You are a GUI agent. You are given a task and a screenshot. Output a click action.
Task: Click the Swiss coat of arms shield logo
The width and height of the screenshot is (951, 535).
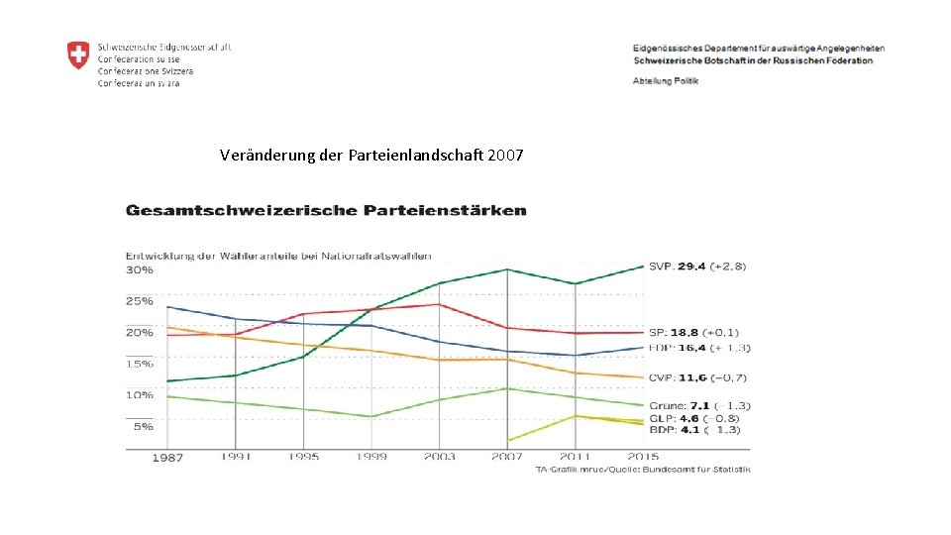77,55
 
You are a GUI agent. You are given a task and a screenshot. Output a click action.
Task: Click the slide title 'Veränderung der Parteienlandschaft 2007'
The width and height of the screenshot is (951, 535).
371,156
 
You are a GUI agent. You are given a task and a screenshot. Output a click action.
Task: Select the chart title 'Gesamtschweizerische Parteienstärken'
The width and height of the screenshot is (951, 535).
326,210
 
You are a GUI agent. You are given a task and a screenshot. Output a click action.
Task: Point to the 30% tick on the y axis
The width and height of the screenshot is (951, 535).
140,269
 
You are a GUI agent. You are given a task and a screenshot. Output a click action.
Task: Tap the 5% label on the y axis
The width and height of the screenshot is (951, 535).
143,426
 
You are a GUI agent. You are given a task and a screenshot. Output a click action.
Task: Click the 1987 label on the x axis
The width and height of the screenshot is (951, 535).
167,458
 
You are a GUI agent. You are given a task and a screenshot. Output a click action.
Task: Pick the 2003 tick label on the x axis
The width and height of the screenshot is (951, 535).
439,457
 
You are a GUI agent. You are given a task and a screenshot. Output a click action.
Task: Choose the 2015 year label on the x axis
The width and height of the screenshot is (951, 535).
643,457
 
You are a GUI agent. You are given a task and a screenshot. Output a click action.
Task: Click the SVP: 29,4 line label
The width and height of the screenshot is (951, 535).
697,266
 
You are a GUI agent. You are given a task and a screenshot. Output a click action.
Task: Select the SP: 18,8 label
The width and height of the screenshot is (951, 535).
693,332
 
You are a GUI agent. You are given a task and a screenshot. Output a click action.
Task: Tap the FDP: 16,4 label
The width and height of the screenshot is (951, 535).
699,348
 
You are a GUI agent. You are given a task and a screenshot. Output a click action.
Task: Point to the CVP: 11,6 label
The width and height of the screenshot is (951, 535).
697,377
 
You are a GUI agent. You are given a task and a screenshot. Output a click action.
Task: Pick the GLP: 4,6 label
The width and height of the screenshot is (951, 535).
694,418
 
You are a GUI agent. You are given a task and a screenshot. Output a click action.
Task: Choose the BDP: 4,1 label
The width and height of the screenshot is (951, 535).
694,430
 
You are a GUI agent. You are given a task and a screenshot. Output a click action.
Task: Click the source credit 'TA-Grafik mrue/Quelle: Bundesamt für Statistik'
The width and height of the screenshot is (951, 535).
642,469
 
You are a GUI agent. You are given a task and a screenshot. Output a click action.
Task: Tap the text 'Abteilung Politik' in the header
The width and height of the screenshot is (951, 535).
665,80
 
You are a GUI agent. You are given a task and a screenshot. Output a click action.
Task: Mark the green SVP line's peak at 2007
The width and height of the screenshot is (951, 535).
507,269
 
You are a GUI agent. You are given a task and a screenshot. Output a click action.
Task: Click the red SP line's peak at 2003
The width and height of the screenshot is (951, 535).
439,304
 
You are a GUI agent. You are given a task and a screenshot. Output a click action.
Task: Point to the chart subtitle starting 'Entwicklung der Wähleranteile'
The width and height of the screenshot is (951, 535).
278,257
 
